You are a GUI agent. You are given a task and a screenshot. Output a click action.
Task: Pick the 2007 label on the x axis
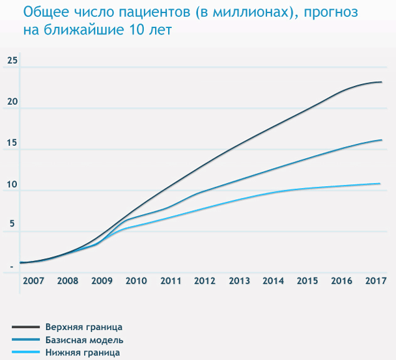pos(33,281)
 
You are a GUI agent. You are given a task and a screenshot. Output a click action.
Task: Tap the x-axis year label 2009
pos(102,281)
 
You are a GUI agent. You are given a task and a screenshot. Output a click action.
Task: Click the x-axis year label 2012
pos(205,281)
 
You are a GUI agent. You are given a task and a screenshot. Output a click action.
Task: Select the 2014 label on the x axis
pos(273,281)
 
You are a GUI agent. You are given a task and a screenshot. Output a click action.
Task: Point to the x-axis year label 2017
pos(376,281)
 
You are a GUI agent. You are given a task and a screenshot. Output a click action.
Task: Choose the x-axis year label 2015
pos(307,281)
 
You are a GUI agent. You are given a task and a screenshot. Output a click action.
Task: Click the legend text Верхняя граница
pos(83,326)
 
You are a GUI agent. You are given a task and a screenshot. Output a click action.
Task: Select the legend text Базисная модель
pos(84,340)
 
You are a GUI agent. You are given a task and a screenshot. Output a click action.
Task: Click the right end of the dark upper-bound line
pos(381,82)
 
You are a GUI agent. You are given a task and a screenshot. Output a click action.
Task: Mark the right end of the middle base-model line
pos(381,140)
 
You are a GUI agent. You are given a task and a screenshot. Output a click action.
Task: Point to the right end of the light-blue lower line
pos(380,184)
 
